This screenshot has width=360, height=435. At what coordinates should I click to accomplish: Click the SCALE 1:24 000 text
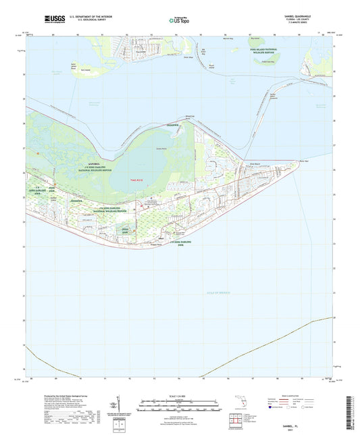[180, 396]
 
